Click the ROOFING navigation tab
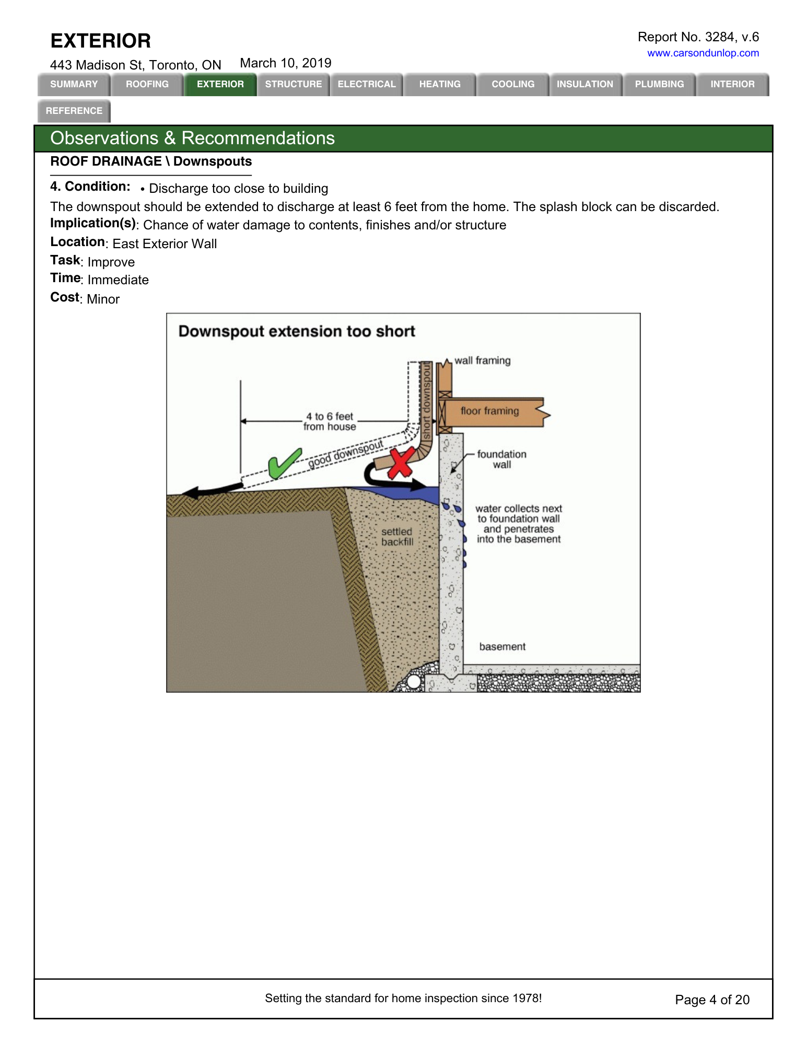(147, 84)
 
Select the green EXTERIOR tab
(220, 84)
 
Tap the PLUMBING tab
(659, 84)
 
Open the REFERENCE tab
(74, 111)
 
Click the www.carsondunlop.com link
(703, 53)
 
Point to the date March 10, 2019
(285, 63)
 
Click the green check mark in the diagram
(284, 463)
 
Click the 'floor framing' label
(489, 411)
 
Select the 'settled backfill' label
(397, 537)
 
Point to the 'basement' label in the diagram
(502, 646)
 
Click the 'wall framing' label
(482, 361)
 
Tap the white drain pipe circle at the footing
(414, 681)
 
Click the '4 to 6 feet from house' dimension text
(330, 421)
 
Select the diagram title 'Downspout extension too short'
(296, 331)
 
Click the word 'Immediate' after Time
(118, 280)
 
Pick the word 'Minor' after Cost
(103, 299)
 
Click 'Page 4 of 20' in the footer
(712, 1000)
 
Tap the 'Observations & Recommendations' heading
(192, 138)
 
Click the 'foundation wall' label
(501, 459)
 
